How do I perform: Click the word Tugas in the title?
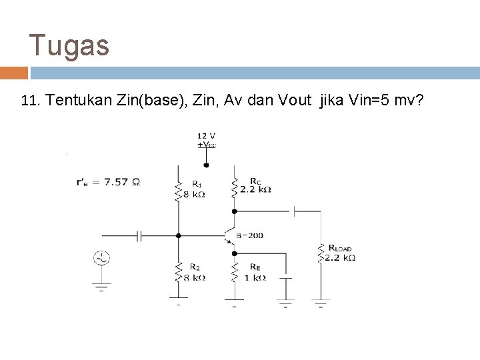coord(69,46)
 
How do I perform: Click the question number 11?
coord(32,101)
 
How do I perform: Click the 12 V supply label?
coord(206,135)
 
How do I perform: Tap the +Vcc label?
coord(206,145)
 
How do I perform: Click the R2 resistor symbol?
coord(178,271)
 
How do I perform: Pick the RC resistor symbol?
coord(234,187)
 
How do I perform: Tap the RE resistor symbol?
coord(234,271)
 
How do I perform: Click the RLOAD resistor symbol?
coord(321,253)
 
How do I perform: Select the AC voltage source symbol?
coord(102,259)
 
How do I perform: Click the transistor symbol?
coord(230,235)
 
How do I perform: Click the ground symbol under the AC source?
coord(102,287)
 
